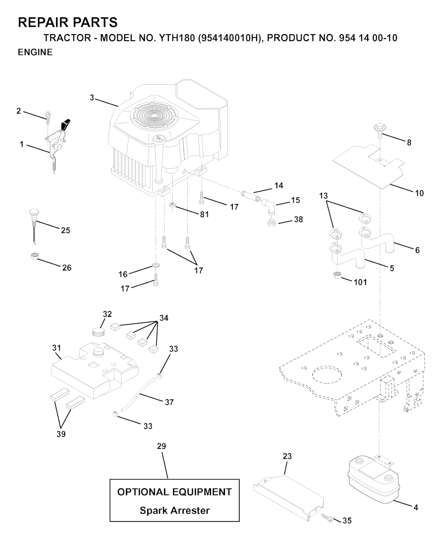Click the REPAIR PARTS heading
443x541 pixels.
pyautogui.click(x=67, y=22)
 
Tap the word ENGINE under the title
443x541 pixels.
pyautogui.click(x=35, y=52)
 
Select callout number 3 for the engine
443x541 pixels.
pyautogui.click(x=92, y=98)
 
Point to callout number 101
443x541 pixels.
pyautogui.click(x=360, y=282)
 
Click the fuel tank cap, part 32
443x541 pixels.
pyautogui.click(x=99, y=332)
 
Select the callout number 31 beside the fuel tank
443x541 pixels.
pyautogui.click(x=57, y=348)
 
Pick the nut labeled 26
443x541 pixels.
pyautogui.click(x=33, y=257)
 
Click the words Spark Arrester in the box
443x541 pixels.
pyautogui.click(x=174, y=511)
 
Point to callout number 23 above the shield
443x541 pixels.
pyautogui.click(x=287, y=456)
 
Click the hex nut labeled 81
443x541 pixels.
pyautogui.click(x=172, y=204)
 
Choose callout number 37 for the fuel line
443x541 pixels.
pyautogui.click(x=169, y=402)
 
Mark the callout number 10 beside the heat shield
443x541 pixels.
pyautogui.click(x=419, y=193)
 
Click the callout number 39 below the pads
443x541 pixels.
pyautogui.click(x=61, y=434)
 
